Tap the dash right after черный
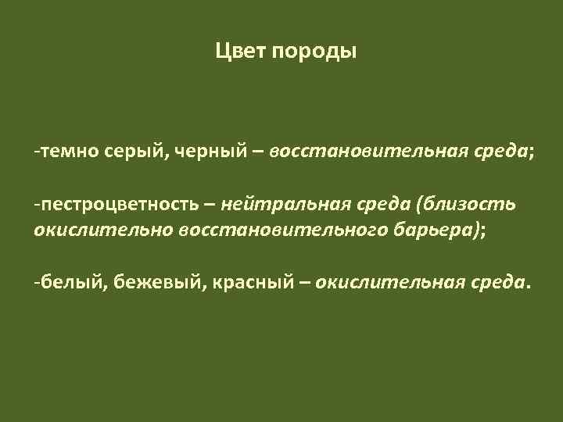[x=257, y=150]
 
